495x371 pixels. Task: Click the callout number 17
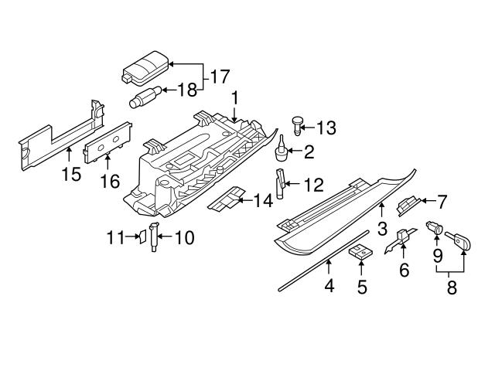219,77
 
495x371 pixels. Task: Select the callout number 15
70,174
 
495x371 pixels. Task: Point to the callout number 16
110,182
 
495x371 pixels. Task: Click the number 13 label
327,127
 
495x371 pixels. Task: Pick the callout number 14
263,200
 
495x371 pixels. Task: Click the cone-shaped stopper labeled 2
282,149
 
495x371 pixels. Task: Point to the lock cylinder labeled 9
435,229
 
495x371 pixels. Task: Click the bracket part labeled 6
401,243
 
